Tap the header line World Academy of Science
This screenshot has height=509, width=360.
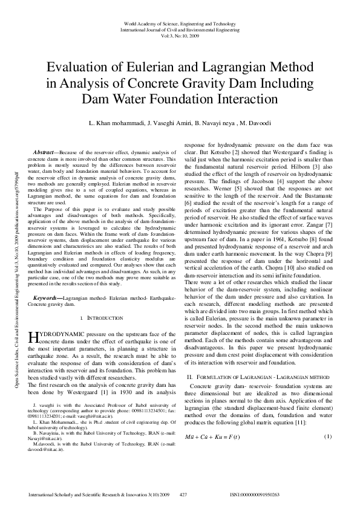pyautogui.click(x=180, y=22)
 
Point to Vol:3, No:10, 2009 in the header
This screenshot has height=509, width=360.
pyautogui.click(x=180, y=34)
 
